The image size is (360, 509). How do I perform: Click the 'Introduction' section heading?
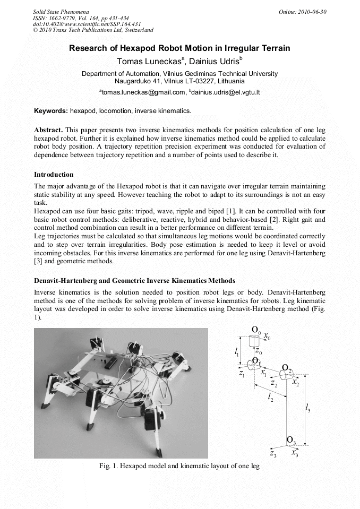54,174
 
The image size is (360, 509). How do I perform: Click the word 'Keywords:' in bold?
51,111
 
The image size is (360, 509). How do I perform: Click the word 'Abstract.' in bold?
48,130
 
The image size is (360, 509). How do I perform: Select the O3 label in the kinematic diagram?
291,440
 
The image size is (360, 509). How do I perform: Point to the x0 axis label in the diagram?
267,337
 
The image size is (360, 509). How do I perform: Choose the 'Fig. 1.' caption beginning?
108,466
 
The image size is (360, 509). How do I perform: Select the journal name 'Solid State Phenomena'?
61,12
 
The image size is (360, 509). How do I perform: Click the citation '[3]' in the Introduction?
38,261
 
